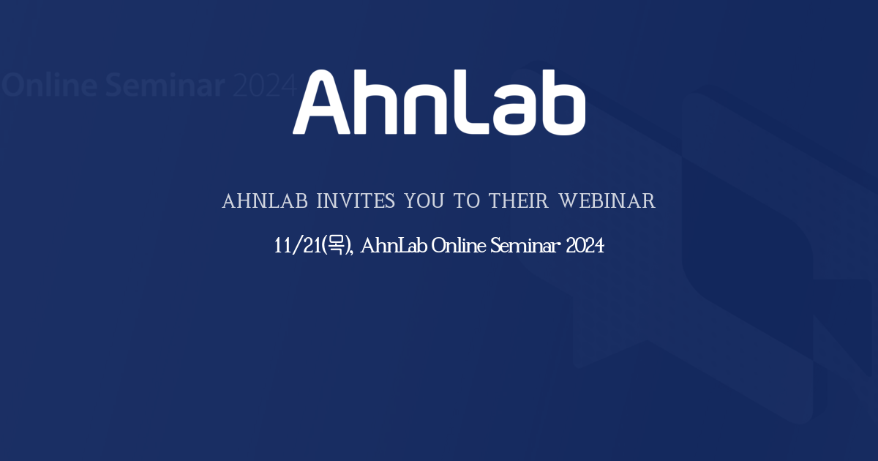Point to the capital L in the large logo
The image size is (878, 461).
pos(466,104)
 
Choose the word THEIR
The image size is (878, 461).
pos(519,201)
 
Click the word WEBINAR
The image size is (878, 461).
pos(607,201)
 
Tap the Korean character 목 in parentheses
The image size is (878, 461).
pos(335,246)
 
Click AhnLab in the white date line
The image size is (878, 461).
pos(394,246)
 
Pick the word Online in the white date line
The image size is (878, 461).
pos(459,246)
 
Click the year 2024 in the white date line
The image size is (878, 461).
pos(585,246)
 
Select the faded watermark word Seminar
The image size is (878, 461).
pos(165,86)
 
